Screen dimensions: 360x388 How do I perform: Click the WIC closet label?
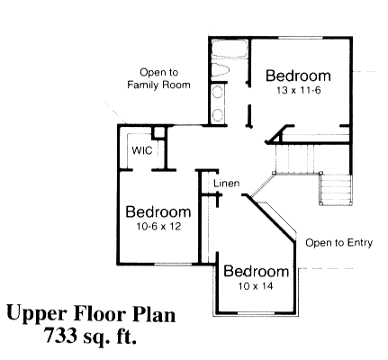[x=141, y=150]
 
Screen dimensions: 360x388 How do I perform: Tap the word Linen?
[x=226, y=184]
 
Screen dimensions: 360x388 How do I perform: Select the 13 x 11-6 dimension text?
[x=298, y=91]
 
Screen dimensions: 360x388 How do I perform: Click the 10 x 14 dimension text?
[x=257, y=286]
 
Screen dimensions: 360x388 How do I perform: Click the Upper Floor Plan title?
[x=91, y=315]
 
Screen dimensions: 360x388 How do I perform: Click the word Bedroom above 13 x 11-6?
[x=298, y=76]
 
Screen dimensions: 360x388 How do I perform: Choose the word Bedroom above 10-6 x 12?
[x=158, y=212]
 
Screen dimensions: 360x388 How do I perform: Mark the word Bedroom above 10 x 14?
[x=257, y=272]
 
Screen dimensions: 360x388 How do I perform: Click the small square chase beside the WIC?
[x=158, y=134]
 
